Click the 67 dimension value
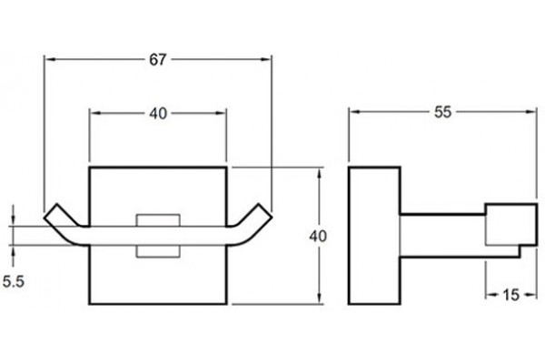pyautogui.click(x=158, y=60)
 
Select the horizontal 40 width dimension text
pyautogui.click(x=158, y=114)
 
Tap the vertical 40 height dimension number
pyautogui.click(x=318, y=237)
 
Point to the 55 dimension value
pyautogui.click(x=443, y=112)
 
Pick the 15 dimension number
pyautogui.click(x=510, y=296)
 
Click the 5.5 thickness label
pyautogui.click(x=14, y=281)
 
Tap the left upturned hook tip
pyautogui.click(x=49, y=211)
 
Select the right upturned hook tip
pyautogui.click(x=265, y=211)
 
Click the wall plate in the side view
pyautogui.click(x=374, y=236)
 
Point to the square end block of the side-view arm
pyautogui.click(x=510, y=224)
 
